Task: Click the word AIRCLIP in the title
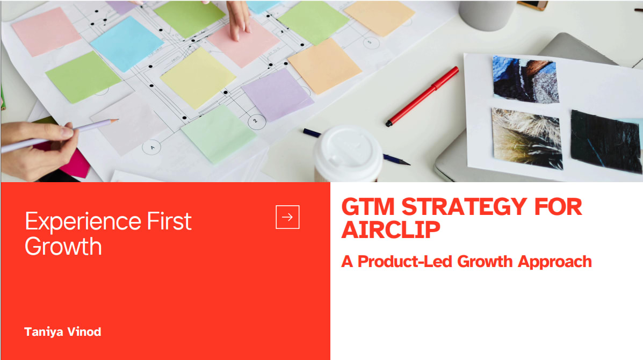coord(391,229)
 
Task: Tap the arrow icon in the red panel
coord(287,217)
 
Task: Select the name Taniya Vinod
coord(63,332)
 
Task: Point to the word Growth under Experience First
coord(63,247)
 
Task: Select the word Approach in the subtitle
coord(555,262)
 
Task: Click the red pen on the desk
coord(422,96)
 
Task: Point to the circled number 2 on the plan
coord(257,121)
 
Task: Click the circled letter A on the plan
coord(151,147)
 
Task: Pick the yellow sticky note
coord(198,78)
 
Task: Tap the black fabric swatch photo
coord(605,141)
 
